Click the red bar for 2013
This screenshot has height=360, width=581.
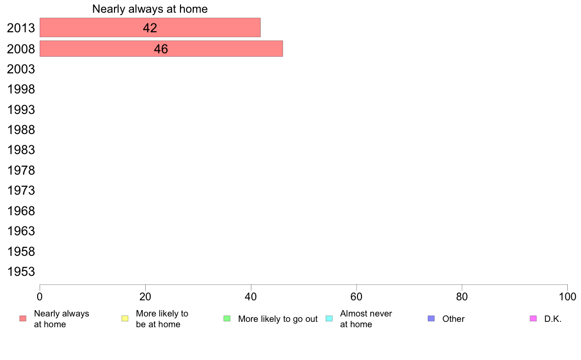click(150, 27)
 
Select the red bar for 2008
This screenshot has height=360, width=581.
click(161, 48)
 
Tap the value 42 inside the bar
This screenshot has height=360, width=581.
click(150, 28)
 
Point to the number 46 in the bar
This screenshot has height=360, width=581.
click(161, 49)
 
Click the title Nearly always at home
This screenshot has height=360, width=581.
click(150, 9)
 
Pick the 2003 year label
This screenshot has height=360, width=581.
click(21, 69)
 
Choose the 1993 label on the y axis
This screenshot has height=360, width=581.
click(21, 110)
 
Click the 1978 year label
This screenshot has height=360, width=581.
click(21, 170)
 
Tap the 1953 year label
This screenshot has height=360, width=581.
click(21, 271)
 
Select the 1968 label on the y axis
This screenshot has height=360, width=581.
click(21, 211)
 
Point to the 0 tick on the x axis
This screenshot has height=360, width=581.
click(40, 296)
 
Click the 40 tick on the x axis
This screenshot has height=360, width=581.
click(251, 296)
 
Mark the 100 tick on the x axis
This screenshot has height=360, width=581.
click(567, 296)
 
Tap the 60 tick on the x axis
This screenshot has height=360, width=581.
click(357, 296)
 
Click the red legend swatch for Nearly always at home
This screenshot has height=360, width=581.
click(23, 318)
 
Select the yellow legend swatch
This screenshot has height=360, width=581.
click(125, 318)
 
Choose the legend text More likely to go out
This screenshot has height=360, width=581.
click(278, 319)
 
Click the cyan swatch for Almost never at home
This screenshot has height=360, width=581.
click(329, 318)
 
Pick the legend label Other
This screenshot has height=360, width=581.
click(453, 319)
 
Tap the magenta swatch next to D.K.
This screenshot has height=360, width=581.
click(533, 318)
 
